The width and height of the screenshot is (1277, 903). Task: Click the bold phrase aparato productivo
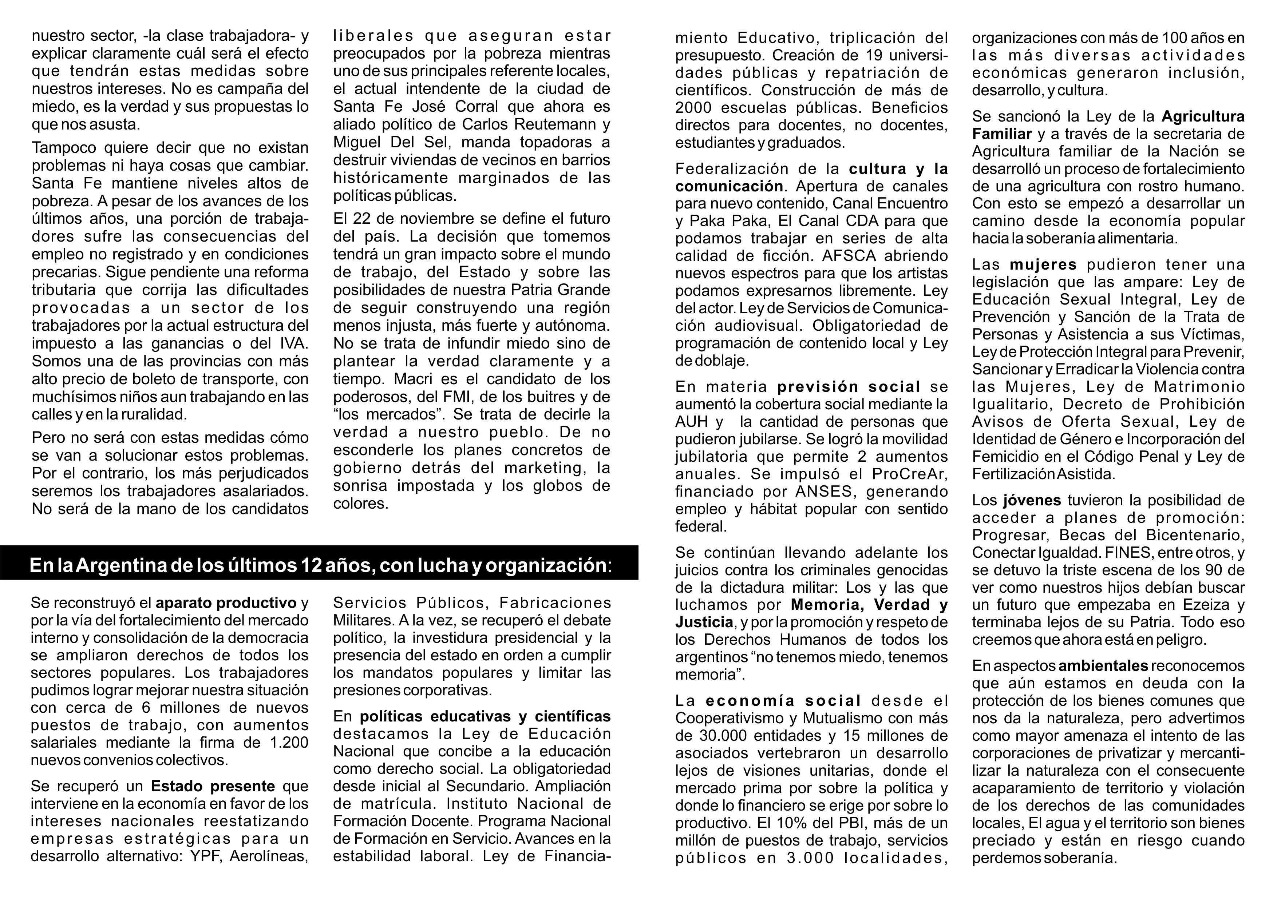226,603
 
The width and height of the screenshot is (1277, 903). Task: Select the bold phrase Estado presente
213,786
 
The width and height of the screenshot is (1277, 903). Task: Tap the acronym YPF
205,856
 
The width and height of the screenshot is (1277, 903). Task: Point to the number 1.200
289,742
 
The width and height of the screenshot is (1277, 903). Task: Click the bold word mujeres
1043,264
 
